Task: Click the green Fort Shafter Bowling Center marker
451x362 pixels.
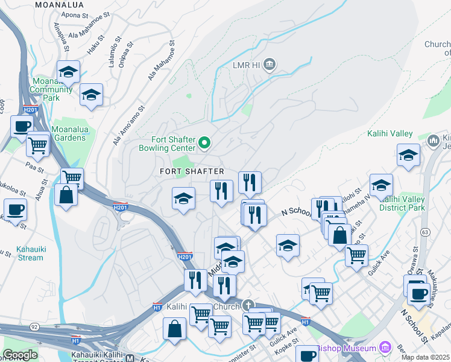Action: coord(204,142)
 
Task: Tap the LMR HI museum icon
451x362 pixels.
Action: coord(270,64)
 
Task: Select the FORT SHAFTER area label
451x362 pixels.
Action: coord(192,172)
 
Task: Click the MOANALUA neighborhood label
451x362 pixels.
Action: coord(59,4)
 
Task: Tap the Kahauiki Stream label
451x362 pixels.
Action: coord(22,253)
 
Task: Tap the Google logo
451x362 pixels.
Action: coord(20,355)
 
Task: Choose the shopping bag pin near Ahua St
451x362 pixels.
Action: coord(66,194)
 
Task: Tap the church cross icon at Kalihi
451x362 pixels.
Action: coord(248,305)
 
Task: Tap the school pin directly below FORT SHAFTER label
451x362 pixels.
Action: coord(183,198)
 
